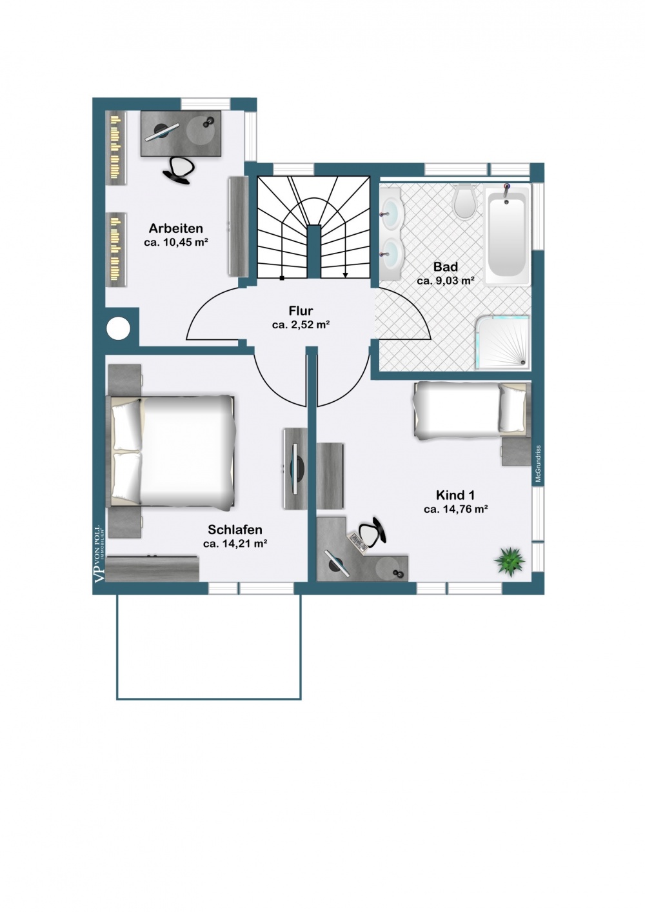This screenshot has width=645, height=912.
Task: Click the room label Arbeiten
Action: pyautogui.click(x=175, y=228)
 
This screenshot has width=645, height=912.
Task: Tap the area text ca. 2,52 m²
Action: pyautogui.click(x=301, y=326)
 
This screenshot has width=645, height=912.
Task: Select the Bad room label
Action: pyautogui.click(x=445, y=267)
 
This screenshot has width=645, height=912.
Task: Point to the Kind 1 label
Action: pyautogui.click(x=455, y=495)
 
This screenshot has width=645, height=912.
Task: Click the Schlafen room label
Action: pyautogui.click(x=235, y=530)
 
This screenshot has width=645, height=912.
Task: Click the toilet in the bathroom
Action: pyautogui.click(x=464, y=202)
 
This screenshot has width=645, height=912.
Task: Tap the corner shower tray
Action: pyautogui.click(x=503, y=342)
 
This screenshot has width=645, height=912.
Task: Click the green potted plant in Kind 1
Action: pyautogui.click(x=510, y=560)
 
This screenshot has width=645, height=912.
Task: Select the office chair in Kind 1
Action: pyautogui.click(x=372, y=533)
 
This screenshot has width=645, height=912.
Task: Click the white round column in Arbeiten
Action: pyautogui.click(x=119, y=330)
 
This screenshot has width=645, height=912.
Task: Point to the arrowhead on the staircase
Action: pyautogui.click(x=346, y=275)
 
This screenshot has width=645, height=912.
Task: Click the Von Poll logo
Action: pyautogui.click(x=99, y=555)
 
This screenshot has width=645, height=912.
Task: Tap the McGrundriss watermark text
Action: pyautogui.click(x=537, y=464)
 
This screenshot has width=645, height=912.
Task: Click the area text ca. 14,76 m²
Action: pyautogui.click(x=455, y=510)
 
